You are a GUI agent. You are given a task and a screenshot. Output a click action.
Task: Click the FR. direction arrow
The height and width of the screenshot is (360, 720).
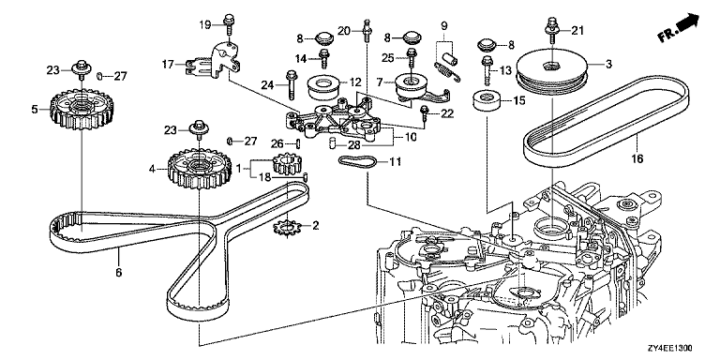(678, 28)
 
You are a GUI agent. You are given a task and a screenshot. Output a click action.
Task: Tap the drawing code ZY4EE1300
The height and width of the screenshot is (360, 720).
(670, 349)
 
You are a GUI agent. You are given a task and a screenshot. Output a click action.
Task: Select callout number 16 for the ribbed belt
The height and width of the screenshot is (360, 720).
(637, 158)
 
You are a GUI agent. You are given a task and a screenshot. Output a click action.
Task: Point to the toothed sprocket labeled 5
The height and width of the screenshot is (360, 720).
(82, 109)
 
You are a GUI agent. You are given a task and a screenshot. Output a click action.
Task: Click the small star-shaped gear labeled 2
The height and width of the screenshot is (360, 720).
(287, 228)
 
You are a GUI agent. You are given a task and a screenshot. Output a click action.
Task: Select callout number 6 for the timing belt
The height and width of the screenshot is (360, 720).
(118, 272)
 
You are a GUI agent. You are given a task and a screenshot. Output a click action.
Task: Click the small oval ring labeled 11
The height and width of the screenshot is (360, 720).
(358, 161)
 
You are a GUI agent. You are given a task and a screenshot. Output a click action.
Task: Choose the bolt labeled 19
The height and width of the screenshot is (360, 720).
(229, 26)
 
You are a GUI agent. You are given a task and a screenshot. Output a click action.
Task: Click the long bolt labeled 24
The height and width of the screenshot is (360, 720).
(292, 84)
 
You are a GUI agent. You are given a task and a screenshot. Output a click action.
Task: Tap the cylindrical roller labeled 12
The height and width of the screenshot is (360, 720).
(322, 89)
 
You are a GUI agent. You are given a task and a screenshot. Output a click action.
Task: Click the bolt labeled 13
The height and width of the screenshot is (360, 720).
(487, 70)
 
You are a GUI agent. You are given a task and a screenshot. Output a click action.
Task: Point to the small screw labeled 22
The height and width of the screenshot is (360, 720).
(425, 113)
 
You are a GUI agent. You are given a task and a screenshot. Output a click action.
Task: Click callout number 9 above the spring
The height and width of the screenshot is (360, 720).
(444, 25)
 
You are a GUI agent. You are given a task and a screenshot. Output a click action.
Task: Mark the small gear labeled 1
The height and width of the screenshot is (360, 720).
(287, 164)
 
